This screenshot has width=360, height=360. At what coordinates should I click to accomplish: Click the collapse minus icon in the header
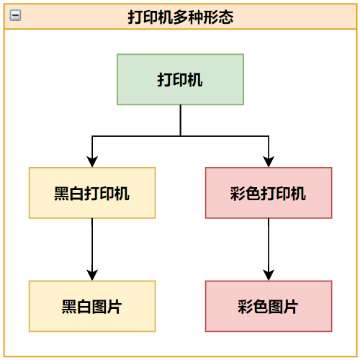click(15, 15)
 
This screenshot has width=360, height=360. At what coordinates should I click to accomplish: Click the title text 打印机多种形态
click(181, 17)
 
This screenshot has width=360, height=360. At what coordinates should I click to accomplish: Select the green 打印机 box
click(181, 79)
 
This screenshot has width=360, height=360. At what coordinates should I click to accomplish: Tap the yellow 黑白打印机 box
click(92, 193)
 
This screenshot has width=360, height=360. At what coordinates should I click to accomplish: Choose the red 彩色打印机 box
click(269, 193)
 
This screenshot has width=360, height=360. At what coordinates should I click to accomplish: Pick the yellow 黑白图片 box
click(92, 306)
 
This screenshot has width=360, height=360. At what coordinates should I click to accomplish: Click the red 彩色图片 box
click(269, 306)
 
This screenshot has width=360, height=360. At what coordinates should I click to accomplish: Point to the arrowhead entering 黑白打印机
click(92, 162)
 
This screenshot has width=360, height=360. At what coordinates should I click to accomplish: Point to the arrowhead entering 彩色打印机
click(269, 162)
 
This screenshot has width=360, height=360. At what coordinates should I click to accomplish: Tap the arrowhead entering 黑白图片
click(92, 275)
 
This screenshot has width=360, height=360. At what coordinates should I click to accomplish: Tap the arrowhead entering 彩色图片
click(269, 275)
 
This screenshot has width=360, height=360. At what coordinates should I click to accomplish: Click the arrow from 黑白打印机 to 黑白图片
click(92, 249)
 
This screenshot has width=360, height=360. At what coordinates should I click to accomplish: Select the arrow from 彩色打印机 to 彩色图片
click(269, 249)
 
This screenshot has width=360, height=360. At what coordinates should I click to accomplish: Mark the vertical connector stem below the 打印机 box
click(181, 120)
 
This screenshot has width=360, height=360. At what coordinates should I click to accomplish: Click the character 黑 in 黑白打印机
click(61, 194)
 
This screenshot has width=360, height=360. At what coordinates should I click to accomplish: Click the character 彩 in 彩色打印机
click(238, 194)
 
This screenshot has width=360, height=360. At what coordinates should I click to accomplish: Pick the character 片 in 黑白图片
click(114, 307)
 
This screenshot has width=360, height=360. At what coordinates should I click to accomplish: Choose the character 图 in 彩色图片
click(276, 307)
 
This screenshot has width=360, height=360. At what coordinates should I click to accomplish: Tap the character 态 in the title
click(226, 17)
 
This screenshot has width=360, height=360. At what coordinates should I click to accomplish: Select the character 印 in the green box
click(180, 80)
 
